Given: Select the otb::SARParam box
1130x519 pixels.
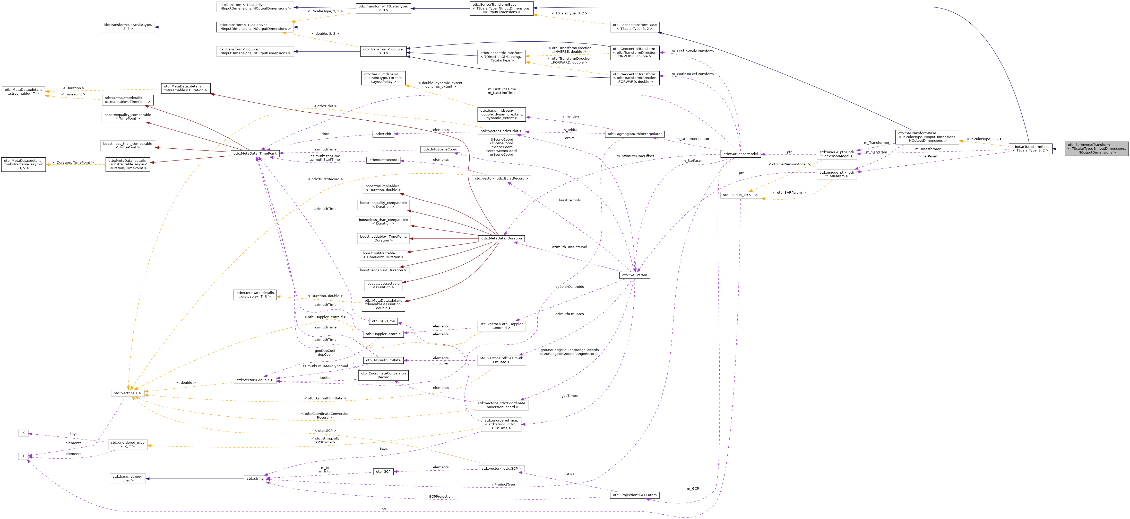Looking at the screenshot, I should tap(634, 275).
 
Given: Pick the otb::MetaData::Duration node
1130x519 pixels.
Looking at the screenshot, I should tap(501, 238).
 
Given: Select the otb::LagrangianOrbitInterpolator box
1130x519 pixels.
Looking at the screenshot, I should tap(634, 134).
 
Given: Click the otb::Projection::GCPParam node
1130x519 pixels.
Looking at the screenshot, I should tap(634, 495).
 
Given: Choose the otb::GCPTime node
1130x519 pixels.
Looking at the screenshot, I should tap(383, 321).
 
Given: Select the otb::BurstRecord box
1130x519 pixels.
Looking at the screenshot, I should tap(383, 160).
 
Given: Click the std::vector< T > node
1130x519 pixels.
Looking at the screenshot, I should tap(127, 393).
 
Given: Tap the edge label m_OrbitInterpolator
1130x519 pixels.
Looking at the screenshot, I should tap(692, 139).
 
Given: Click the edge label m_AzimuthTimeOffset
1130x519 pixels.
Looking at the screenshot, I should tap(635, 156).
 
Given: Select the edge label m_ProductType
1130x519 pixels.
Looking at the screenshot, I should tap(502, 484).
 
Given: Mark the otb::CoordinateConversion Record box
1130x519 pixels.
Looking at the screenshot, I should tap(383, 375).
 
